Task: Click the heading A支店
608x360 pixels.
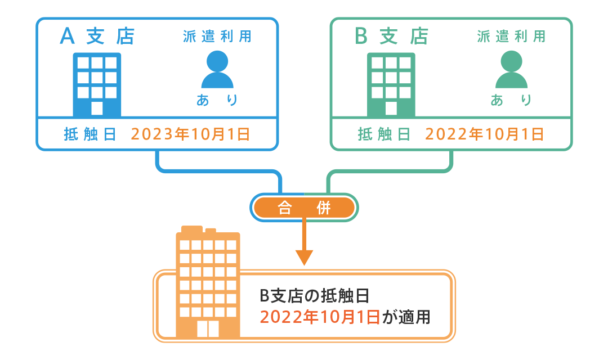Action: click(97, 37)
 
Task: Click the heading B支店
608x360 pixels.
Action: click(391, 37)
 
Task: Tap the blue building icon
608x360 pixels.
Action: click(97, 84)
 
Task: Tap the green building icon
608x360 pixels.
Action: click(391, 84)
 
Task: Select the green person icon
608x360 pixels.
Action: click(511, 70)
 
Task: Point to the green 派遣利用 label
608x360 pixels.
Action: click(511, 37)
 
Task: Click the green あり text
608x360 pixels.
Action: click(511, 100)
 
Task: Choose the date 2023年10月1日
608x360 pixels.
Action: click(190, 134)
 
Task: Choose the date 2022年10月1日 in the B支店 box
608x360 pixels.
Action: click(484, 134)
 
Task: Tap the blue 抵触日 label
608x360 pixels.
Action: click(90, 134)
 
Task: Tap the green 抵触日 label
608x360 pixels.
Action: click(384, 134)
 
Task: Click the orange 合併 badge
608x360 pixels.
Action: click(304, 208)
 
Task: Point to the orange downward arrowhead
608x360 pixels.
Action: click(304, 258)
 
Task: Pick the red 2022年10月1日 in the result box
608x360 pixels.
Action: click(319, 317)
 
